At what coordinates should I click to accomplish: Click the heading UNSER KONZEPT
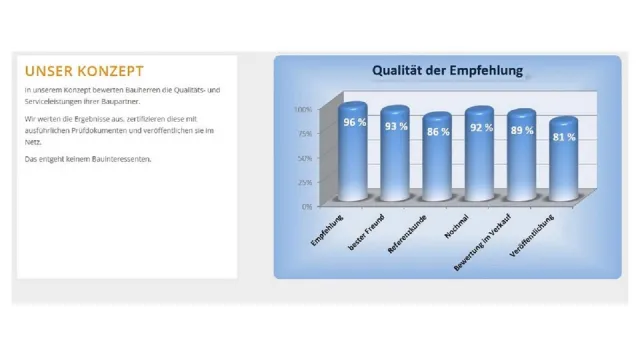click(x=84, y=71)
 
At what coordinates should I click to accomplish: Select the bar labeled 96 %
click(x=353, y=150)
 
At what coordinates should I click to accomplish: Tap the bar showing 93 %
click(x=395, y=155)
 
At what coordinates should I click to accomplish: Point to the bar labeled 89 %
click(x=521, y=157)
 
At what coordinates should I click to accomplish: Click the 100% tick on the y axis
click(x=303, y=109)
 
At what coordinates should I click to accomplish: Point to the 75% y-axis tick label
click(x=304, y=133)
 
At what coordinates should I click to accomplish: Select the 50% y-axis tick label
click(x=304, y=158)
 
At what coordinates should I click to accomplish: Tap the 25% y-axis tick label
click(x=304, y=182)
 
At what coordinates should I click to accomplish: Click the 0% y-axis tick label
click(x=307, y=206)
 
